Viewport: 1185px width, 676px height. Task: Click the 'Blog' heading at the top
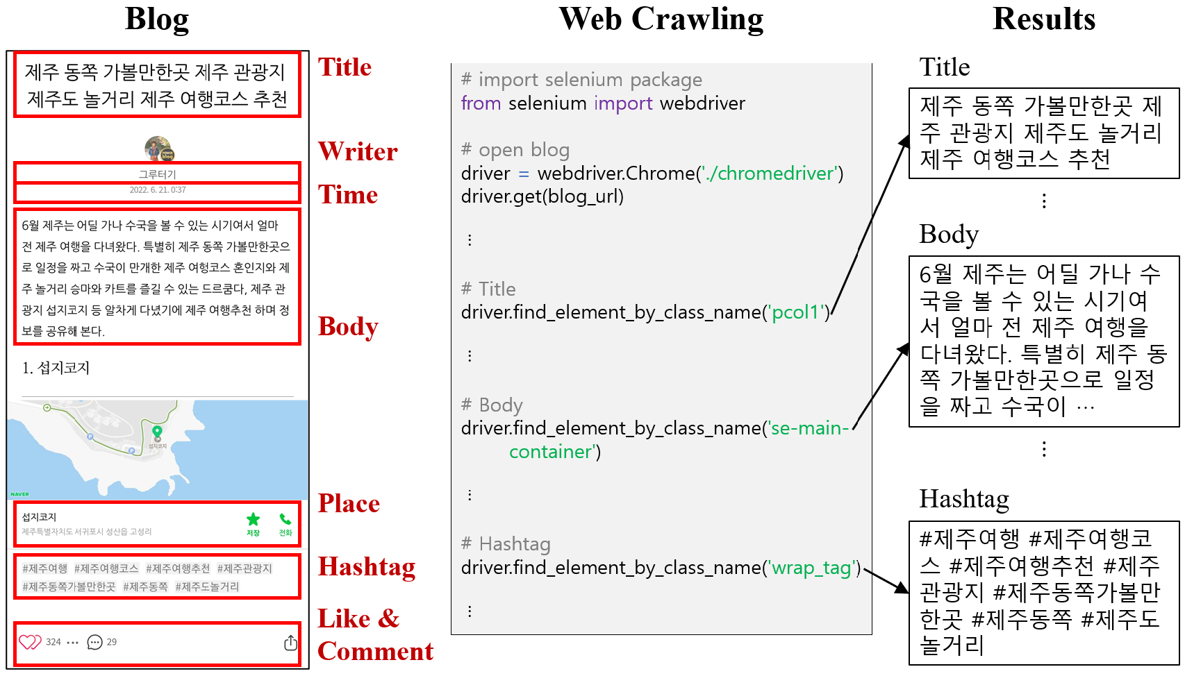156,19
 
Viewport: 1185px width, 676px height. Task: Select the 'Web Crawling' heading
661,19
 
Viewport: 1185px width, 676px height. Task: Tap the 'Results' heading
1043,19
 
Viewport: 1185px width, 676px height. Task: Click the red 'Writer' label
358,151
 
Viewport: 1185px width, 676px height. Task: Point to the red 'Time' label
347,194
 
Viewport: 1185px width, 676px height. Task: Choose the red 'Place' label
349,503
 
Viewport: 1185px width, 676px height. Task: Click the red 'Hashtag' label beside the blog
366,566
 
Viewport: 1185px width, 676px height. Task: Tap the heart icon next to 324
30,642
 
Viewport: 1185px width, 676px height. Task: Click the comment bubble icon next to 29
94,642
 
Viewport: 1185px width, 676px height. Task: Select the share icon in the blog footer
290,643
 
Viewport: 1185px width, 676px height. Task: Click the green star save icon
253,519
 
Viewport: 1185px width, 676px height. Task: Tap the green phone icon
285,519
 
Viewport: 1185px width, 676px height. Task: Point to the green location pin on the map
157,432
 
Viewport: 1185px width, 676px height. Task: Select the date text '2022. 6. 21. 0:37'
158,190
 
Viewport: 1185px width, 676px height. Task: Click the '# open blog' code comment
515,150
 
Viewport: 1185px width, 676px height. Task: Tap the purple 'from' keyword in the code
481,103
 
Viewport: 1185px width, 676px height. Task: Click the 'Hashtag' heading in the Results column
963,499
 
